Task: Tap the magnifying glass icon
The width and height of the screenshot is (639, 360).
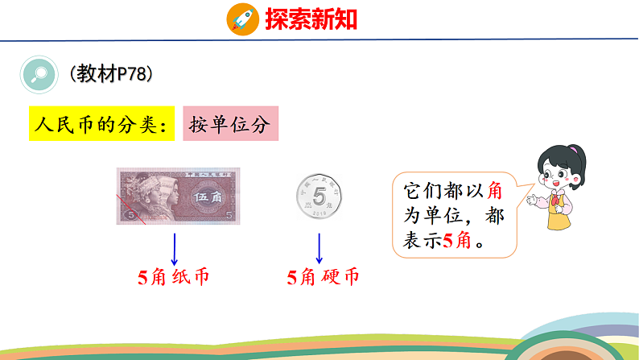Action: tap(37, 75)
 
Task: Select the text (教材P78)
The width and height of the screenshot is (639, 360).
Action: tap(111, 74)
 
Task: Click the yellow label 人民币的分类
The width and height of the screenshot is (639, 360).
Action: tap(101, 124)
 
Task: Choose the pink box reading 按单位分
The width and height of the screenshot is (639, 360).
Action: tap(230, 124)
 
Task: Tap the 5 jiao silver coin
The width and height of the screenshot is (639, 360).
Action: tap(320, 196)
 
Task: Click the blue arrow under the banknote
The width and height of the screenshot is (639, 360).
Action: tap(175, 248)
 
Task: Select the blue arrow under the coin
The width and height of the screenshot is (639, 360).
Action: tap(319, 248)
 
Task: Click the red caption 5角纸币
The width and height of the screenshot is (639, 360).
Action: tap(174, 278)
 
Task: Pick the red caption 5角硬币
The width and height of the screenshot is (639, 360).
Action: tap(323, 278)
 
